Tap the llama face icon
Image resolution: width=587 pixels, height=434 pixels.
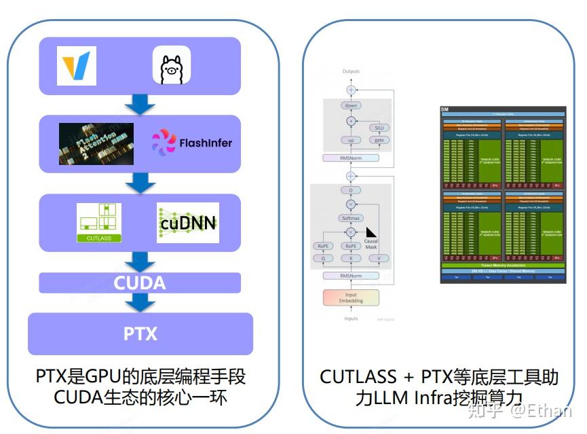point(171,66)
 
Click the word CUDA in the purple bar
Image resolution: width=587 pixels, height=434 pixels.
point(139,283)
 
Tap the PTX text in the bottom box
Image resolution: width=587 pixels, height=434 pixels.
point(140,333)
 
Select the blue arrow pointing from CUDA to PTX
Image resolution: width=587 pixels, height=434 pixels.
point(140,303)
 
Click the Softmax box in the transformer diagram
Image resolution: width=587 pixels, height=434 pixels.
point(351,219)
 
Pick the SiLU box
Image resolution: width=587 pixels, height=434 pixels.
point(379,127)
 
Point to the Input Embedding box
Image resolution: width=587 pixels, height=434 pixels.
point(350,297)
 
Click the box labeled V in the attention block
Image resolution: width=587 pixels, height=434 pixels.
point(379,258)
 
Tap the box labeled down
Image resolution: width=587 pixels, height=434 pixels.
point(351,105)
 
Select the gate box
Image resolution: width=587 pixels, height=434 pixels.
point(379,140)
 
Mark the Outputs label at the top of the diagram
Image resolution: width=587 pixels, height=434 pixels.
point(351,71)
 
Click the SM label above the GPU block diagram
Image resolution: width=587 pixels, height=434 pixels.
point(445,109)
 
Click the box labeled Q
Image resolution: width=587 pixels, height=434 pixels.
point(323,258)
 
